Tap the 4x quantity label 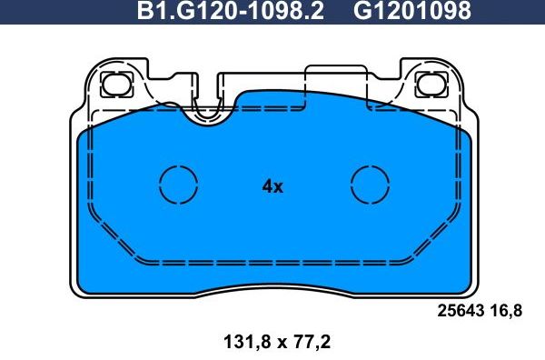point(272,186)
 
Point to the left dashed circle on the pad point(178,185)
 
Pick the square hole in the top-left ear point(116,85)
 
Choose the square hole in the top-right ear point(429,85)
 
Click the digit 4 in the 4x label point(267,186)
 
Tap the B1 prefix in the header point(150,12)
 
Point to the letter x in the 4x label point(279,187)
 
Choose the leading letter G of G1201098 point(361,12)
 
